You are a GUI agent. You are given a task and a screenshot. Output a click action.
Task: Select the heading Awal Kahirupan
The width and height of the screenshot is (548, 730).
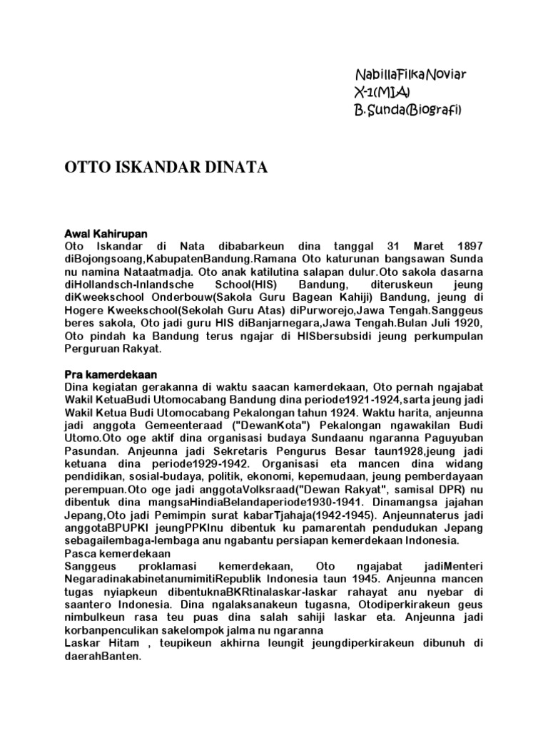click(x=106, y=234)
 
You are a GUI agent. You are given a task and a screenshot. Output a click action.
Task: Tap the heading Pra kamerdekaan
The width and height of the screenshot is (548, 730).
click(x=111, y=374)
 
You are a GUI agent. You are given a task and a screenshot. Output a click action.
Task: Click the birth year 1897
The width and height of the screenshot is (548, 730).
click(x=468, y=246)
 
